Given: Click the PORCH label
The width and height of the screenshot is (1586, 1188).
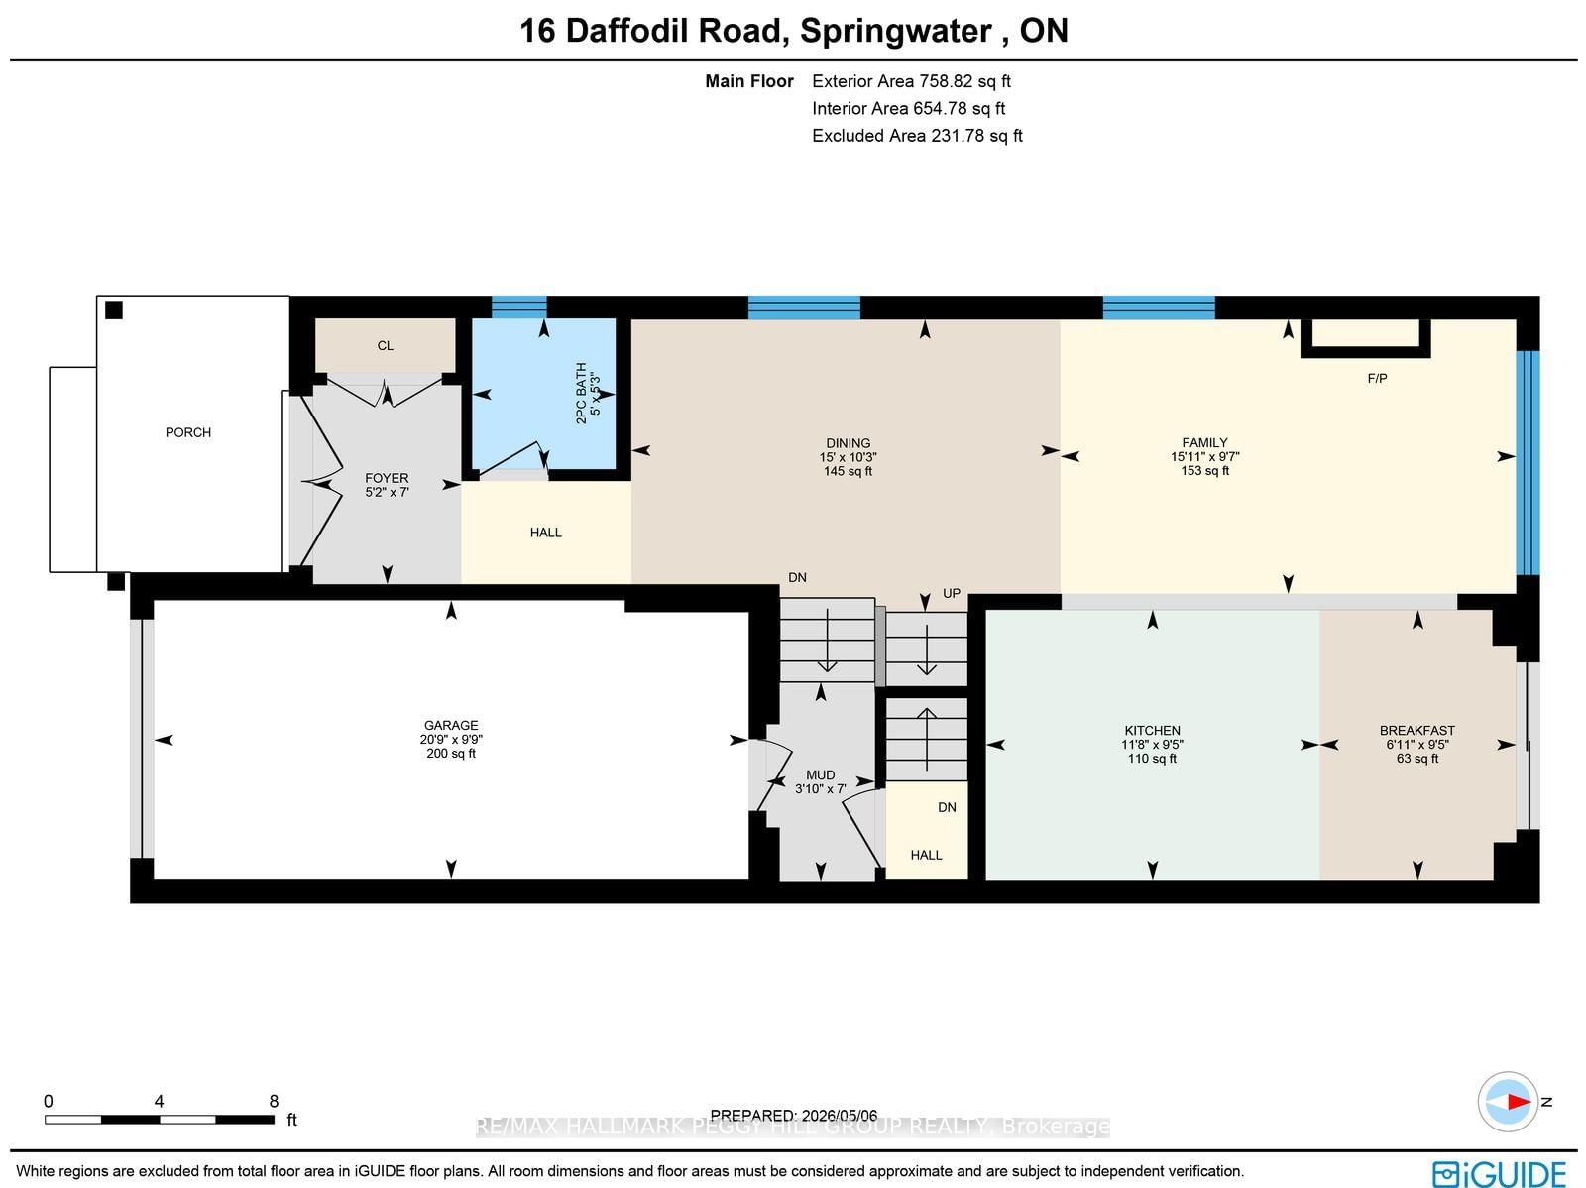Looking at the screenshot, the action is [188, 432].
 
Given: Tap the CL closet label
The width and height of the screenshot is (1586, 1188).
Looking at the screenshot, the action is [386, 345].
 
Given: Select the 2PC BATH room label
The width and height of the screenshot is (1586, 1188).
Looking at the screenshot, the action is [581, 393].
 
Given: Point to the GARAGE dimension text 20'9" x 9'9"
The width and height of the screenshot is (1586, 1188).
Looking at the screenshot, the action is [451, 739].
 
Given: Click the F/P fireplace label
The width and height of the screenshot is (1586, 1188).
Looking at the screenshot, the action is [1377, 378].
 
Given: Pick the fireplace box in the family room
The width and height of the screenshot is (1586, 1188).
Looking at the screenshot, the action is [1365, 338].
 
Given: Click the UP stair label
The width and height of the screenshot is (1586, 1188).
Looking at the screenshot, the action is [952, 593].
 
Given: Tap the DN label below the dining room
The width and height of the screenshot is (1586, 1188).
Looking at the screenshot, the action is [797, 577].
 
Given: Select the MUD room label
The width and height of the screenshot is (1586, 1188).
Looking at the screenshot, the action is [820, 774].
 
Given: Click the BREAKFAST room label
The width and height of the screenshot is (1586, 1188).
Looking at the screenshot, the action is [1416, 730].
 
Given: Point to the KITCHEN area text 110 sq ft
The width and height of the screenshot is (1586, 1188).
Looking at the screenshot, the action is [1152, 758].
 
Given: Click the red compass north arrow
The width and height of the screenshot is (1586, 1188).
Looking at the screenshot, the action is [1518, 1102].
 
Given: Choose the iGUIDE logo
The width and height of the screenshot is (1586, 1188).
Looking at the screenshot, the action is [1499, 1173].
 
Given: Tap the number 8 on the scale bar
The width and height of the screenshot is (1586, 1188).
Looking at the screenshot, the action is [274, 1101].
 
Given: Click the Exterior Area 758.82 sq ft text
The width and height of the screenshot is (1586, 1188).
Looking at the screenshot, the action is [911, 81].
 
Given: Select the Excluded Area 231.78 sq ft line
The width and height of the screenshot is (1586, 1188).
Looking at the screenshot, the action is [917, 135].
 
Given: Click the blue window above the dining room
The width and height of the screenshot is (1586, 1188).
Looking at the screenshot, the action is [804, 307].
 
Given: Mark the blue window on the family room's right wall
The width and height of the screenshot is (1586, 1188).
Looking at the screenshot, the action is [1528, 463].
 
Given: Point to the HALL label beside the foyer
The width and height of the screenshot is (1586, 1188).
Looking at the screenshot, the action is [545, 532].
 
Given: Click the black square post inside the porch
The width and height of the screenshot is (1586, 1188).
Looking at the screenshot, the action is [113, 310].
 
